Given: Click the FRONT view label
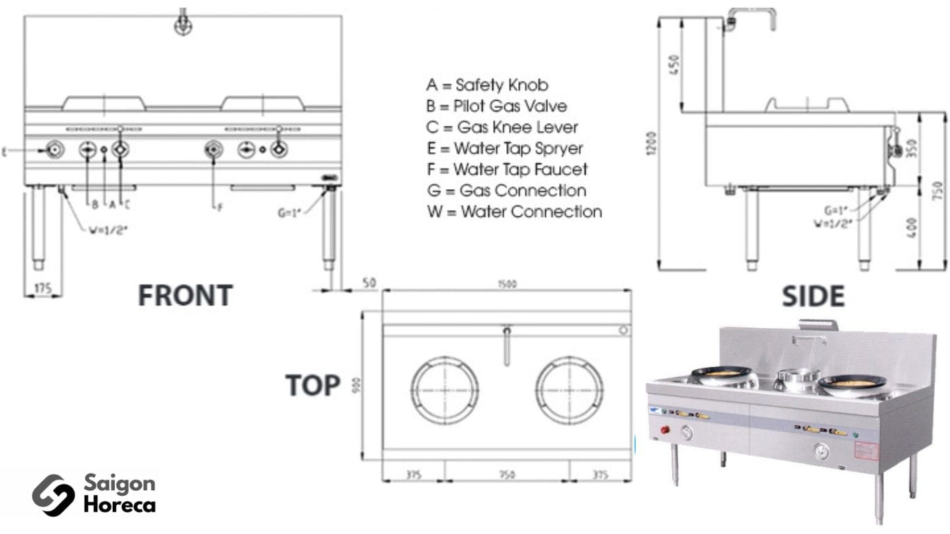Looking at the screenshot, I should (185, 296).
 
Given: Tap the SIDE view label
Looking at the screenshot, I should (813, 296).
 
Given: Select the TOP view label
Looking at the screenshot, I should (312, 385).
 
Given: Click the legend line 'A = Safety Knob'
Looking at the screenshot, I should (487, 86).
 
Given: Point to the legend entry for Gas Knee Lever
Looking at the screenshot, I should (502, 128).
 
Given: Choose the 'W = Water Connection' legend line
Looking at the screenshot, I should (515, 211).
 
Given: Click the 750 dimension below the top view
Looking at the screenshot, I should (507, 475).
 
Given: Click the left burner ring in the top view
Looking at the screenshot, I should (444, 390).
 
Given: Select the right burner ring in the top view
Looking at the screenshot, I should (570, 390).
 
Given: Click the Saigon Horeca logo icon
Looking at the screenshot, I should (53, 494).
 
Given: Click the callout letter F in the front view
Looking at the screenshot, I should (219, 207).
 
